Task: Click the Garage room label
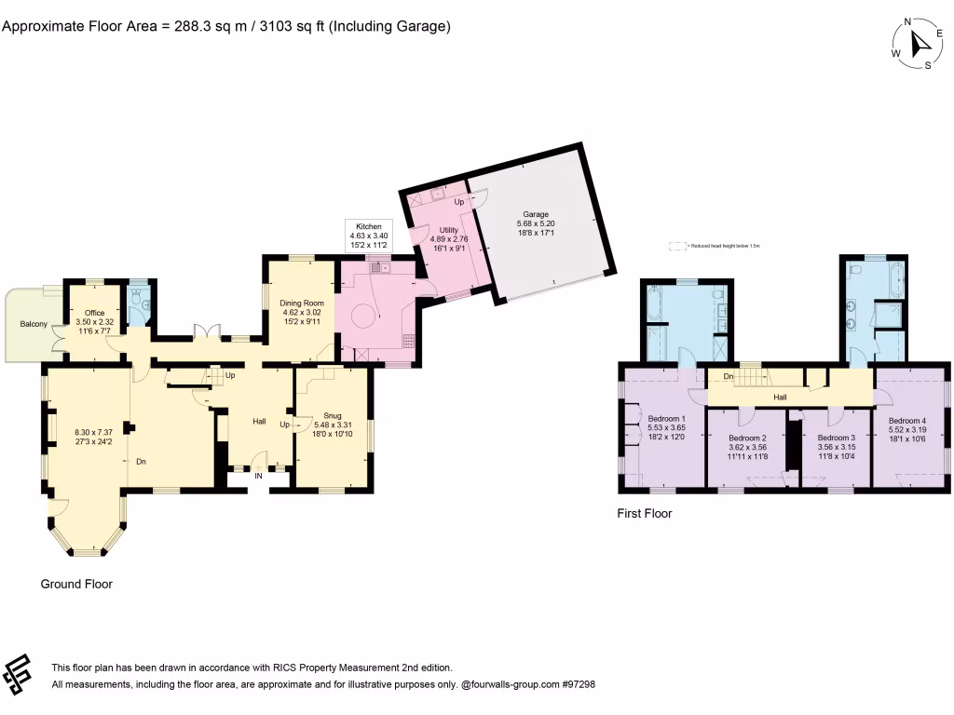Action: coord(535,214)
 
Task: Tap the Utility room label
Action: coord(448,229)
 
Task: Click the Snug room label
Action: coord(333,416)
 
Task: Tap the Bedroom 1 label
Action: coord(666,419)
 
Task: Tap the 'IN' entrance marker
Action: coord(260,475)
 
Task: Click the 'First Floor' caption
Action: coord(644,513)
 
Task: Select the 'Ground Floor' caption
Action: coord(76,584)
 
